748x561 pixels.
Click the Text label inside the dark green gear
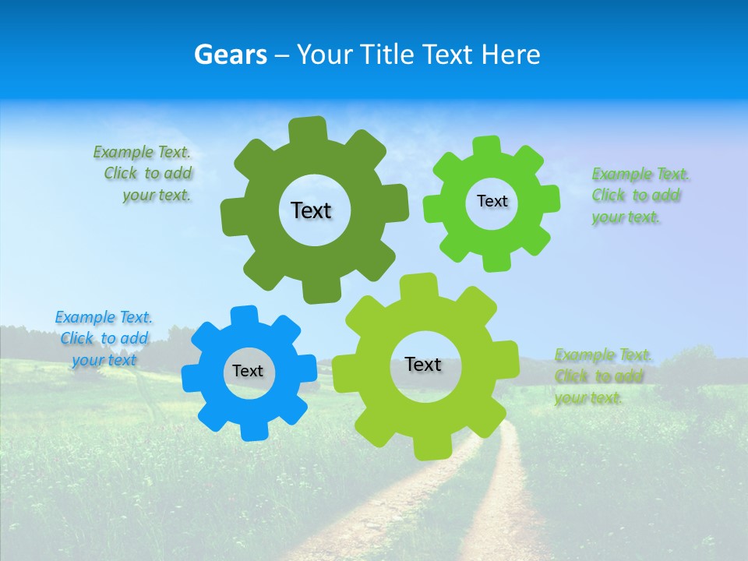coord(311,210)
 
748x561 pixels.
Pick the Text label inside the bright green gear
coord(492,201)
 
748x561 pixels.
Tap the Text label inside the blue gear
coord(248,371)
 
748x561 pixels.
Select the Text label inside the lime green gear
coord(423,364)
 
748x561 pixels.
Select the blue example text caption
coord(104,339)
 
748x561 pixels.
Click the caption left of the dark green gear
coord(146,174)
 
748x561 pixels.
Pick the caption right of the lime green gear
coord(602,376)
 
